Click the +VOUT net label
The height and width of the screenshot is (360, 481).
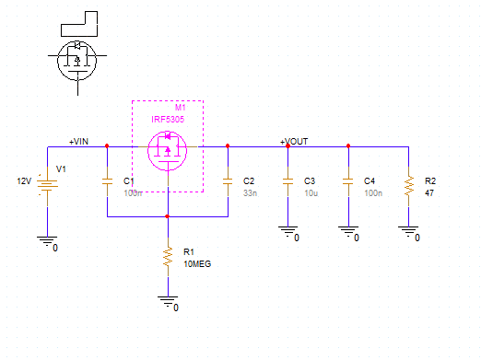tap(295, 142)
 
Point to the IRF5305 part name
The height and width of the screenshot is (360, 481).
tap(169, 120)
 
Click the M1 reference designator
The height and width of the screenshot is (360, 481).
tap(181, 109)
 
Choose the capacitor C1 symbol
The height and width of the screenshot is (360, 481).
tap(107, 181)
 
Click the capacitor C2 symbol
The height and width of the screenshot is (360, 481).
tap(227, 181)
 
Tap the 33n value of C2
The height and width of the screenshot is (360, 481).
tap(249, 193)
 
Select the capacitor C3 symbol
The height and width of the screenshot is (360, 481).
tap(287, 181)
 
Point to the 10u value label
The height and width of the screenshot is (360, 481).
tap(310, 193)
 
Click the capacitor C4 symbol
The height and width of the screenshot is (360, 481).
tap(347, 181)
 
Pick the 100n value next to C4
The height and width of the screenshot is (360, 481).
tap(372, 193)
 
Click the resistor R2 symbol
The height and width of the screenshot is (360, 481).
tap(407, 187)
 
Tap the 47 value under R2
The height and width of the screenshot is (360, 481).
tap(428, 193)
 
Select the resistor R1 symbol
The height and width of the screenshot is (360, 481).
tap(168, 256)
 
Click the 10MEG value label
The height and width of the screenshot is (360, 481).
tap(196, 263)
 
